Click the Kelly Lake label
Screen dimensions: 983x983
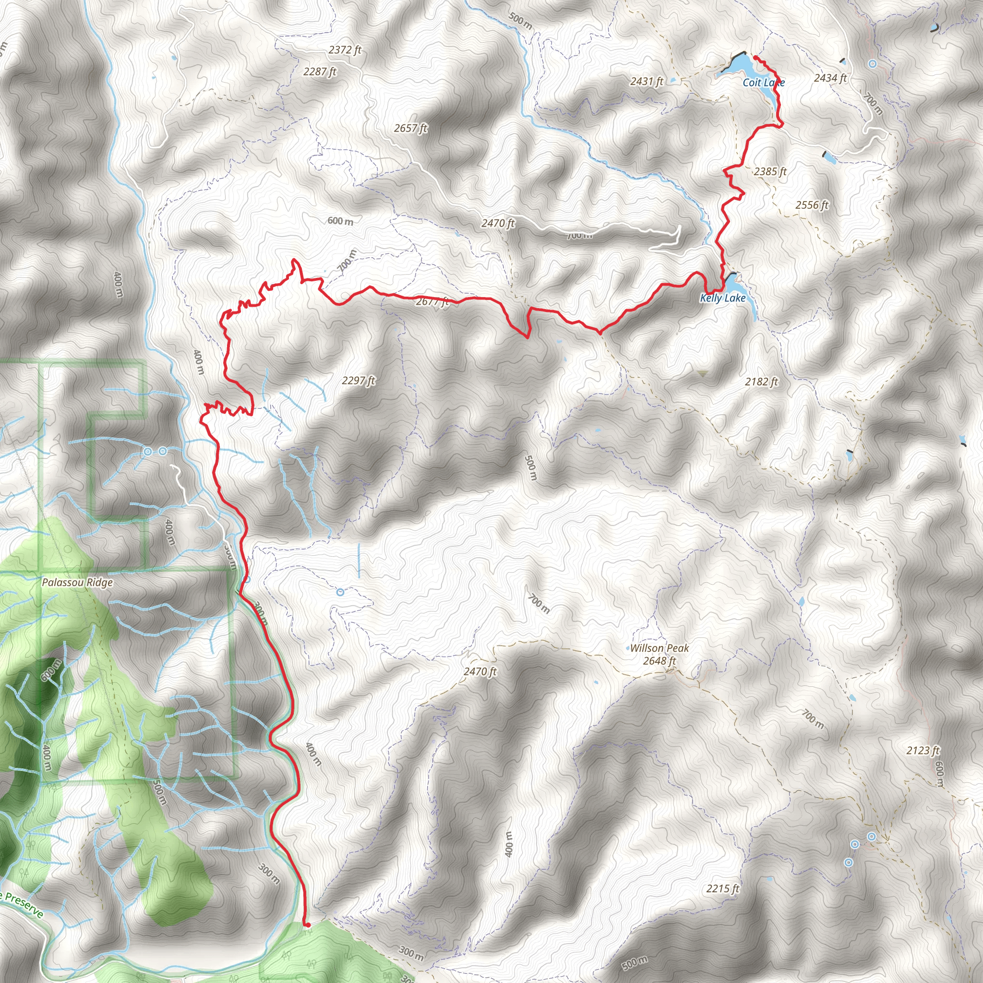(x=722, y=298)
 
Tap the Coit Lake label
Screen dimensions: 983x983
(x=763, y=83)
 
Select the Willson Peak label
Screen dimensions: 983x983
(x=659, y=648)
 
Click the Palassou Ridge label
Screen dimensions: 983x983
(x=77, y=582)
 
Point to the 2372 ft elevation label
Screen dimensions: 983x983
(x=345, y=50)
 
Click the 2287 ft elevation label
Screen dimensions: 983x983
(x=320, y=72)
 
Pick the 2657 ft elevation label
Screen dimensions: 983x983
(x=410, y=128)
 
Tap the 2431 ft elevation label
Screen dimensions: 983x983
(x=647, y=82)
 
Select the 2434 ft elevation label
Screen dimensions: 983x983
(x=830, y=78)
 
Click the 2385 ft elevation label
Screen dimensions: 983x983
(x=770, y=172)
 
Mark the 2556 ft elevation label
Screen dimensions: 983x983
(x=812, y=205)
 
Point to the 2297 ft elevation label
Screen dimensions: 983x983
(x=359, y=381)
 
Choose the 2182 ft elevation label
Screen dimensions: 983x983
(x=762, y=382)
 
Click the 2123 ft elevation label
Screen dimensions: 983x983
(x=923, y=751)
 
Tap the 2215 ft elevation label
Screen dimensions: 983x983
(x=722, y=889)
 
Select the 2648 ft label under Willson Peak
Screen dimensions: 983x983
(x=659, y=661)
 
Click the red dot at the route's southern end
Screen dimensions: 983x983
(x=307, y=925)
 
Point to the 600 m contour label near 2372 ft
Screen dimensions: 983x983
(x=340, y=221)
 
